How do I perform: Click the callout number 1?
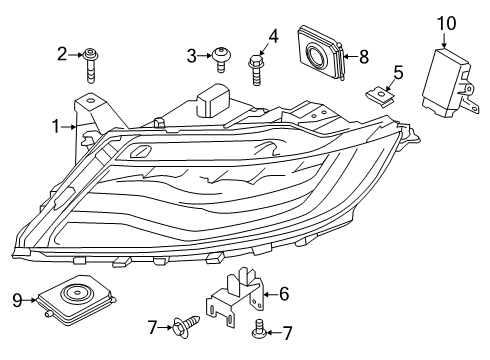pos(56,126)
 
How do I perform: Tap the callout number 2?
pos(62,53)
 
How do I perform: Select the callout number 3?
pos(191,55)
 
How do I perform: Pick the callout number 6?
pos(284,293)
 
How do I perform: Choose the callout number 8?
pos(363,57)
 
